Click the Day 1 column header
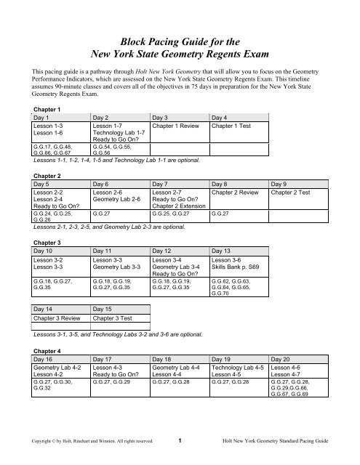(33, 117)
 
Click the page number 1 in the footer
(180, 440)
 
